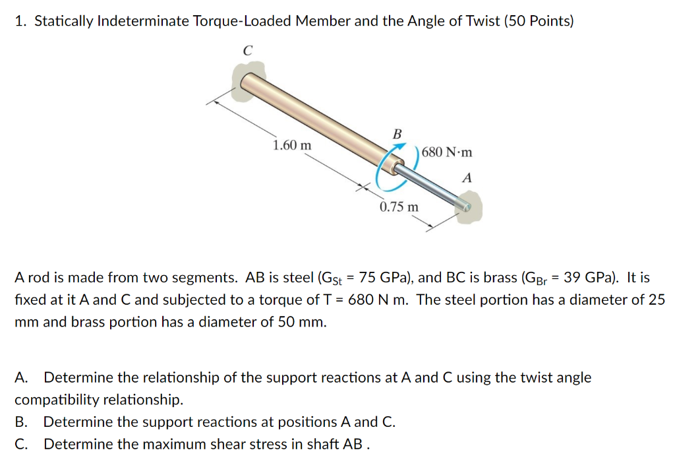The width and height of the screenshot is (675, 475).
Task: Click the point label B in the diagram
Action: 397,134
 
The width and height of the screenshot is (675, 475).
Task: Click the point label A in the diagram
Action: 467,177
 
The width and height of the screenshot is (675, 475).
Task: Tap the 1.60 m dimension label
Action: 293,145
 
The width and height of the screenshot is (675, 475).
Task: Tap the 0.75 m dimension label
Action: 399,207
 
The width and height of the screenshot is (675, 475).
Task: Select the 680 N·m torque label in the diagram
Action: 447,152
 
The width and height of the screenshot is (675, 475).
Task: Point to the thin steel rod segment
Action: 432,187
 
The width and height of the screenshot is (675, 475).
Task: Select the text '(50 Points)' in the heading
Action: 539,21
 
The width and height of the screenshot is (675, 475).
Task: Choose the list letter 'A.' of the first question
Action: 22,378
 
